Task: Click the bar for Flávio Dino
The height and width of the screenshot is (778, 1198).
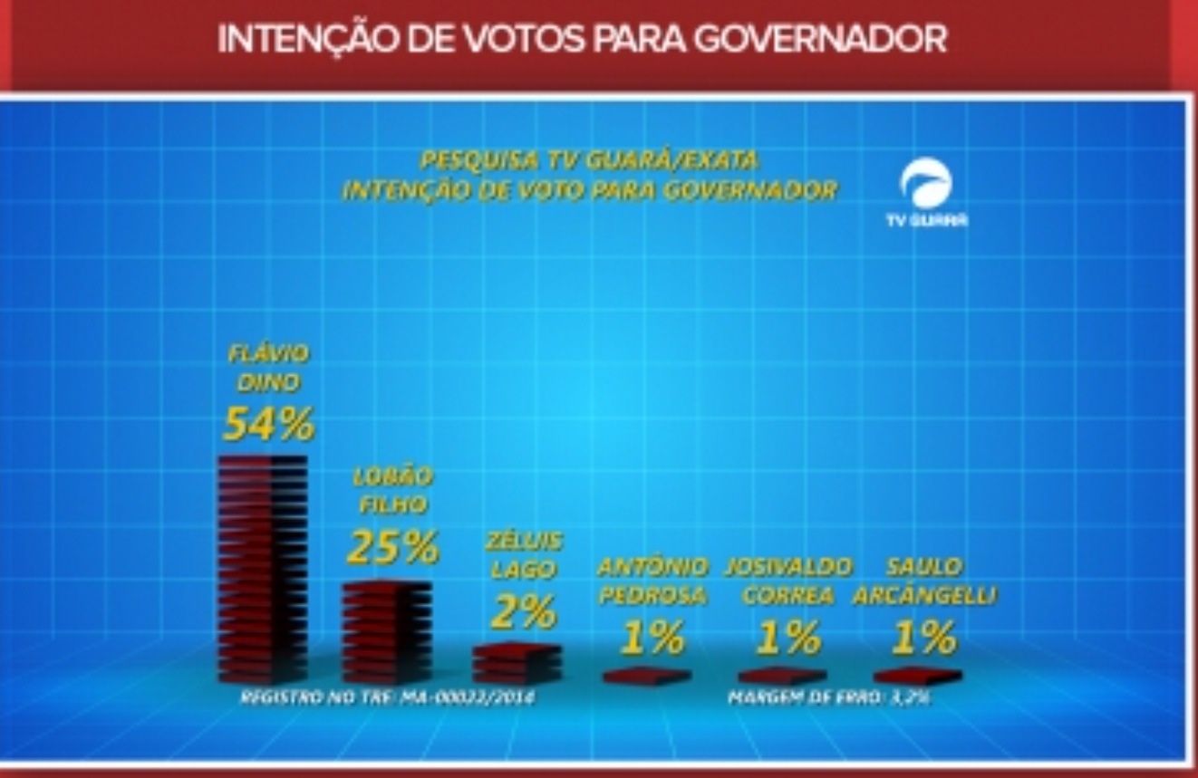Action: point(263,568)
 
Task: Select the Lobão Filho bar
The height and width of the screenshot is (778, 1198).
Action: point(387,631)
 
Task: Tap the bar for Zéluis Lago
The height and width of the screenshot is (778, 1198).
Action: point(517,663)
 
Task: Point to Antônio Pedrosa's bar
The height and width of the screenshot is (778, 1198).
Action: point(647,676)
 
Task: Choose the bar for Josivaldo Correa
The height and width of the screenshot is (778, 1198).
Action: point(782,676)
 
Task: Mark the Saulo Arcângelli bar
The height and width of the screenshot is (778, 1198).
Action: point(917,676)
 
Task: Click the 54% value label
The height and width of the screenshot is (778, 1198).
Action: point(268,423)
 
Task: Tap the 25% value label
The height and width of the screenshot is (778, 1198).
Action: point(392,546)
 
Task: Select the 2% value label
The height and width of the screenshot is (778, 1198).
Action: point(523,612)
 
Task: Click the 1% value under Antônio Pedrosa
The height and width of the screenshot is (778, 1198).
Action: point(652,638)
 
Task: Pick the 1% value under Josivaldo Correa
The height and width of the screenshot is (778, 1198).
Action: point(787,638)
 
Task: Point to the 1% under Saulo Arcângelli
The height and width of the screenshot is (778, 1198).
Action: point(923,638)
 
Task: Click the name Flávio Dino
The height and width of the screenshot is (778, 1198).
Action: point(268,367)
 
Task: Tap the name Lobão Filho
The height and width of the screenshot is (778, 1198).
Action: point(392,489)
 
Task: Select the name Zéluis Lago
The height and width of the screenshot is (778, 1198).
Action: point(523,554)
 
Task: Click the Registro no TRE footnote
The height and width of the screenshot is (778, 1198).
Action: point(387,697)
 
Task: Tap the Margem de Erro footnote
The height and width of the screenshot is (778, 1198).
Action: point(829,697)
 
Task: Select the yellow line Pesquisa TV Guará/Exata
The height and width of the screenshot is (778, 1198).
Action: point(589,160)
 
